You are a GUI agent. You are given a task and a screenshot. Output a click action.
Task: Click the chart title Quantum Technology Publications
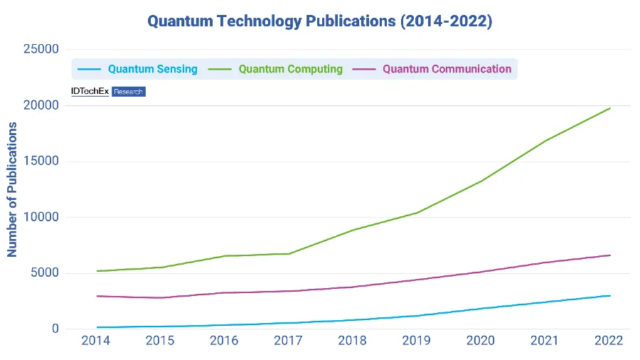tap(319, 21)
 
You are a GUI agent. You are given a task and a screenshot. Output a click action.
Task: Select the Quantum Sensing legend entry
tap(142, 69)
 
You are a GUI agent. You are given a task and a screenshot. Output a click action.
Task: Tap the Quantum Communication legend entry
tap(437, 69)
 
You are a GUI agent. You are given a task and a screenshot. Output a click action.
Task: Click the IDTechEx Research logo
tap(108, 92)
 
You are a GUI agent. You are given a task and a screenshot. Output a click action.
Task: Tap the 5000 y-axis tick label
tap(45, 273)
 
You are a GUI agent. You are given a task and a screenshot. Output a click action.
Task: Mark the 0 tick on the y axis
tap(56, 329)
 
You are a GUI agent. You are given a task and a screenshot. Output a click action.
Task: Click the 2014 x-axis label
tap(96, 341)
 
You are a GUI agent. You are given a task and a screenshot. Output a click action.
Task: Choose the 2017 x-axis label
tap(289, 341)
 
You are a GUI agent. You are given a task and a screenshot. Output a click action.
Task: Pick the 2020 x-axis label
tap(481, 341)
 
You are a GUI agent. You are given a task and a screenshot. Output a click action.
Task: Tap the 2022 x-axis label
tap(610, 341)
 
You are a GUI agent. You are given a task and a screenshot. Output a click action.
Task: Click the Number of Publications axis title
tap(12, 189)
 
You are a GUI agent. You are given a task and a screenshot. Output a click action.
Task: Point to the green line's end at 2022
tap(610, 108)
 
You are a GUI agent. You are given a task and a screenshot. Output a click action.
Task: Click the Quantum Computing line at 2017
tap(289, 253)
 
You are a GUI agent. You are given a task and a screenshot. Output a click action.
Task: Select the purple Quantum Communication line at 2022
tap(610, 255)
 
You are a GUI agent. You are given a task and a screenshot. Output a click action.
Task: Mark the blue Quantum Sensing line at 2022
tap(610, 295)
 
